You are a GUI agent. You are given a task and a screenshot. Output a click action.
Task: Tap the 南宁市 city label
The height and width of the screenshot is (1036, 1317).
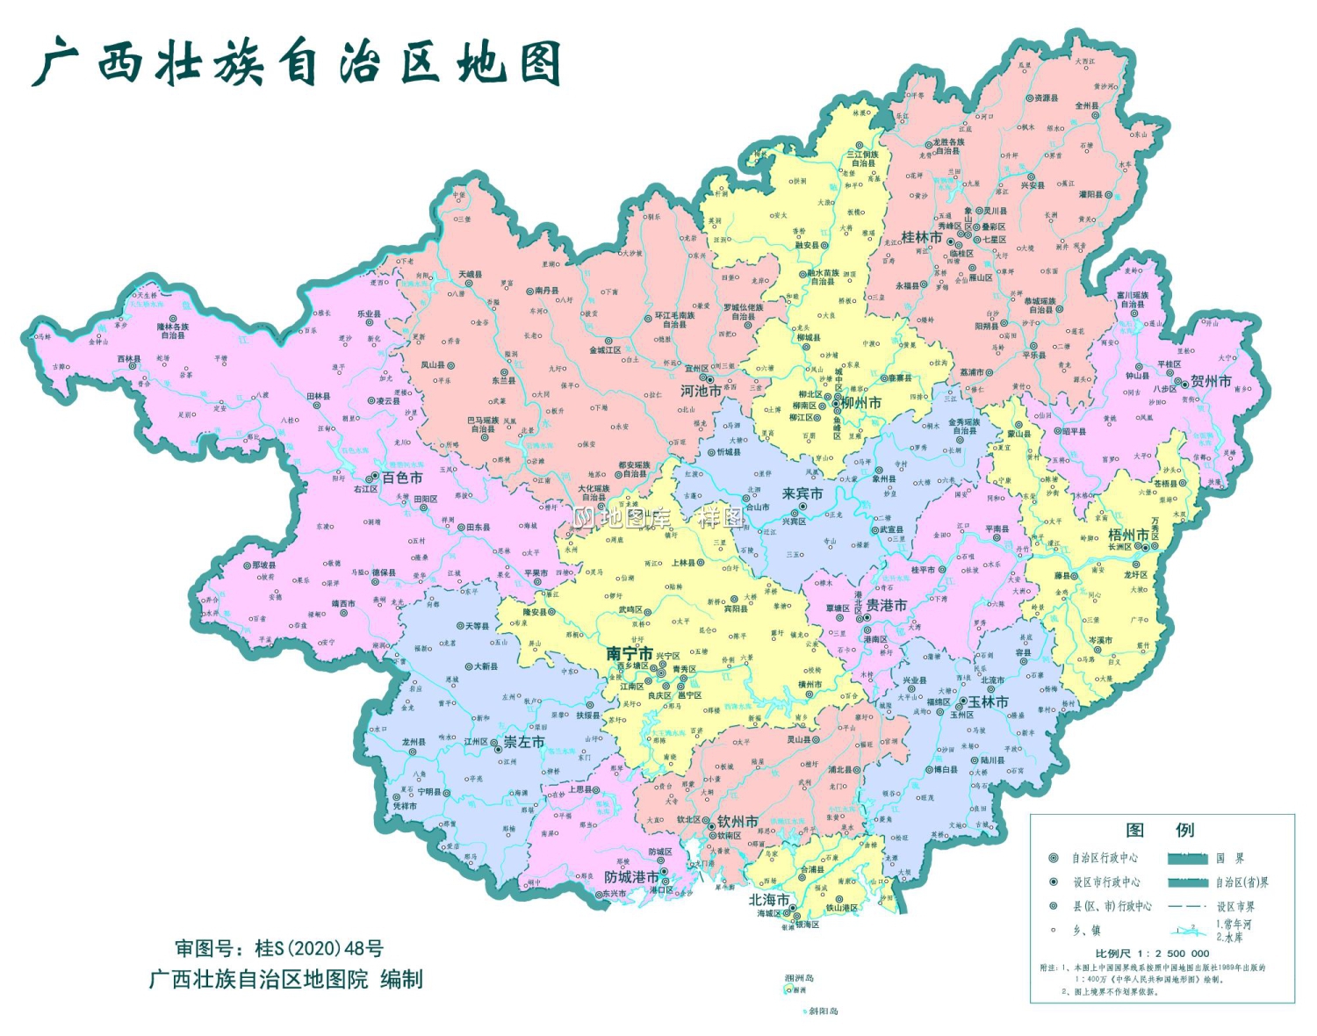point(630,654)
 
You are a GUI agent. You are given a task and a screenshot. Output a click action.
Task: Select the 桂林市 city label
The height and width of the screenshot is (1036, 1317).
point(921,237)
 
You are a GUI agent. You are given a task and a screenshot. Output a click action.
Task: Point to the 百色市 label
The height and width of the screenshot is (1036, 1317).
point(402,478)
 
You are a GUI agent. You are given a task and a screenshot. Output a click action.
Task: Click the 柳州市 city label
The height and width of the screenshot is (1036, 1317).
point(861,402)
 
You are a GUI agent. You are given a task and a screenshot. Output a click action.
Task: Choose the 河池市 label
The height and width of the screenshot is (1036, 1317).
point(701,391)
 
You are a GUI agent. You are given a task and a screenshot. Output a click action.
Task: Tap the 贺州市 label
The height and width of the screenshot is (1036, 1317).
point(1211,381)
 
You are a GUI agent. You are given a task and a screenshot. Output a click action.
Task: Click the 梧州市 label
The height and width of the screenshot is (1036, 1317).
point(1128,535)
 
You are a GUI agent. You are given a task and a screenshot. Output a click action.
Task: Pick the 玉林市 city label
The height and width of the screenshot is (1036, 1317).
point(989,701)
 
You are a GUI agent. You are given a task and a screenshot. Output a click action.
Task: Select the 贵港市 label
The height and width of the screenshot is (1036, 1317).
point(887,605)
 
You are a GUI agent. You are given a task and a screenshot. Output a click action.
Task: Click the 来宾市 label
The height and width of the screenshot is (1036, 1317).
point(802,494)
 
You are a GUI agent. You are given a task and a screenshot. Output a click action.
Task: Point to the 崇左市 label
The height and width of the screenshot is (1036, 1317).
point(524,742)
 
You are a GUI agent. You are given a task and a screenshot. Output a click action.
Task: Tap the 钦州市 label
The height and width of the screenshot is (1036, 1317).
point(738,822)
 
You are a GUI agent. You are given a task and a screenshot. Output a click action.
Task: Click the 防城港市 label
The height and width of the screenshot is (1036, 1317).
point(631,877)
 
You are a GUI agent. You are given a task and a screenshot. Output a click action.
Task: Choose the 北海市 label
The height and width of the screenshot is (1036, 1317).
point(769,900)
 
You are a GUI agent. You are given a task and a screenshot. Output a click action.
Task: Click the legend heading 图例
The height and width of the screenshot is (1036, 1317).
point(1160,831)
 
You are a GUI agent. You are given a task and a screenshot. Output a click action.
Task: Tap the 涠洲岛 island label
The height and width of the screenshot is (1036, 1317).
point(799,978)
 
